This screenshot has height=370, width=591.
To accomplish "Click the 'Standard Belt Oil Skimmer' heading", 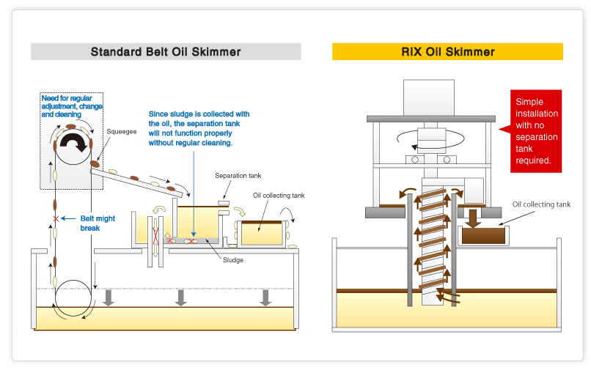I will [166, 52].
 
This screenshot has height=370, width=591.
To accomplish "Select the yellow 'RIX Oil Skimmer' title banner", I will [447, 52].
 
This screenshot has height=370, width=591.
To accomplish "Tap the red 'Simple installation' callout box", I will [536, 131].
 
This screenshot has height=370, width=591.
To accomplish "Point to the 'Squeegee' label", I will [120, 133].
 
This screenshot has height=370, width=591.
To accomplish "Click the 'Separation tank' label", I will [238, 176].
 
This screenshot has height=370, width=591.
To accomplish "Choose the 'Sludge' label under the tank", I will [233, 260].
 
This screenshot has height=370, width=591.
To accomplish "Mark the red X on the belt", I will [55, 219].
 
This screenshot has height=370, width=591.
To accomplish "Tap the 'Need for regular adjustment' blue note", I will [72, 106].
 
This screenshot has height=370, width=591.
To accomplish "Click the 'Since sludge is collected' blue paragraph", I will [199, 128].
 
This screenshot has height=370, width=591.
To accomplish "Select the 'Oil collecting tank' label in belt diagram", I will [278, 196].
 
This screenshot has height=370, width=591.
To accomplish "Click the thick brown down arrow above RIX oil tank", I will [474, 218].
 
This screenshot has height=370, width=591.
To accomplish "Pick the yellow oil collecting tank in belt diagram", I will [262, 233].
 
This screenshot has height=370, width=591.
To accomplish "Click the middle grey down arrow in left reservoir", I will [181, 296].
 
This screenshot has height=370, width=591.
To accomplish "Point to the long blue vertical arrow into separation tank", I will [192, 190].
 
